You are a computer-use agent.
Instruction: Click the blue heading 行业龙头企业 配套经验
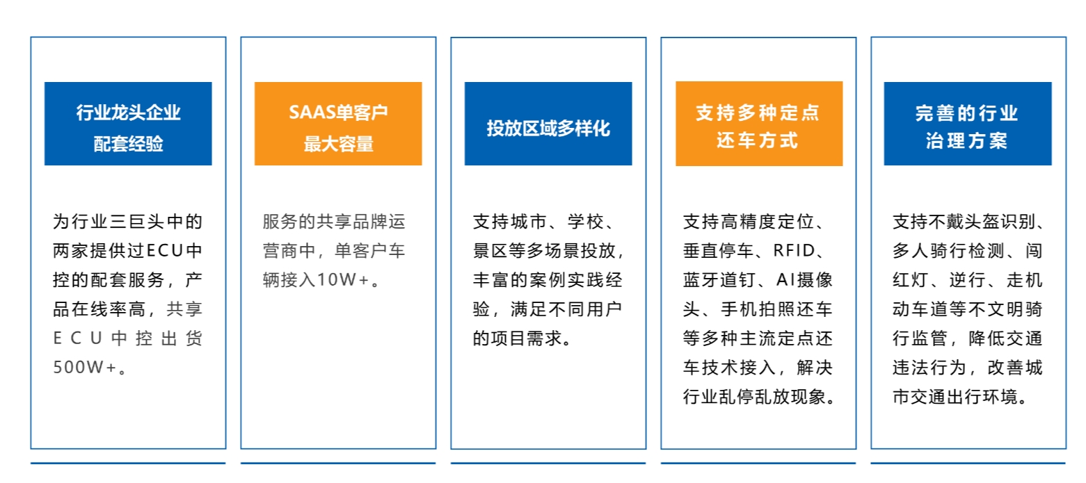[x=128, y=124]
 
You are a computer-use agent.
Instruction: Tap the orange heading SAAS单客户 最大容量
[x=338, y=124]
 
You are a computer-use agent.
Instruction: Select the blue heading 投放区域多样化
[x=548, y=129]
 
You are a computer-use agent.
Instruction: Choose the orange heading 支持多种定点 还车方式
[x=758, y=124]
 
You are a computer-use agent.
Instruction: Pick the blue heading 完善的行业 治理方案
[x=967, y=124]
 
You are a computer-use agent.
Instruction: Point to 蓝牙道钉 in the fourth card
[x=712, y=280]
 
